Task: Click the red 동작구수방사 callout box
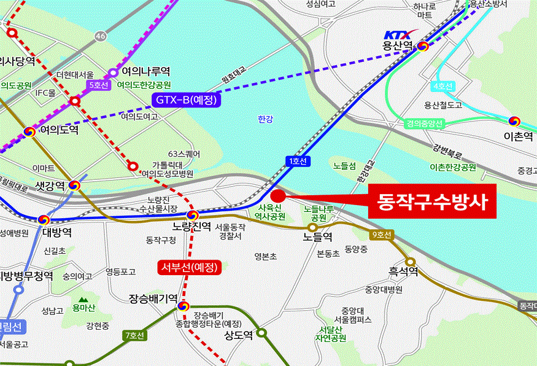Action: pos(433,200)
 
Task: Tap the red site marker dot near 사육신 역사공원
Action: pos(278,196)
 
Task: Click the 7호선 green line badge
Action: pos(134,336)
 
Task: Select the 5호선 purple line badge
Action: pos(99,85)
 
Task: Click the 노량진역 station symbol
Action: pos(193,215)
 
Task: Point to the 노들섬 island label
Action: pos(344,165)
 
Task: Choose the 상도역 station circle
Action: pos(262,333)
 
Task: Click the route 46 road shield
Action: pos(101,37)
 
